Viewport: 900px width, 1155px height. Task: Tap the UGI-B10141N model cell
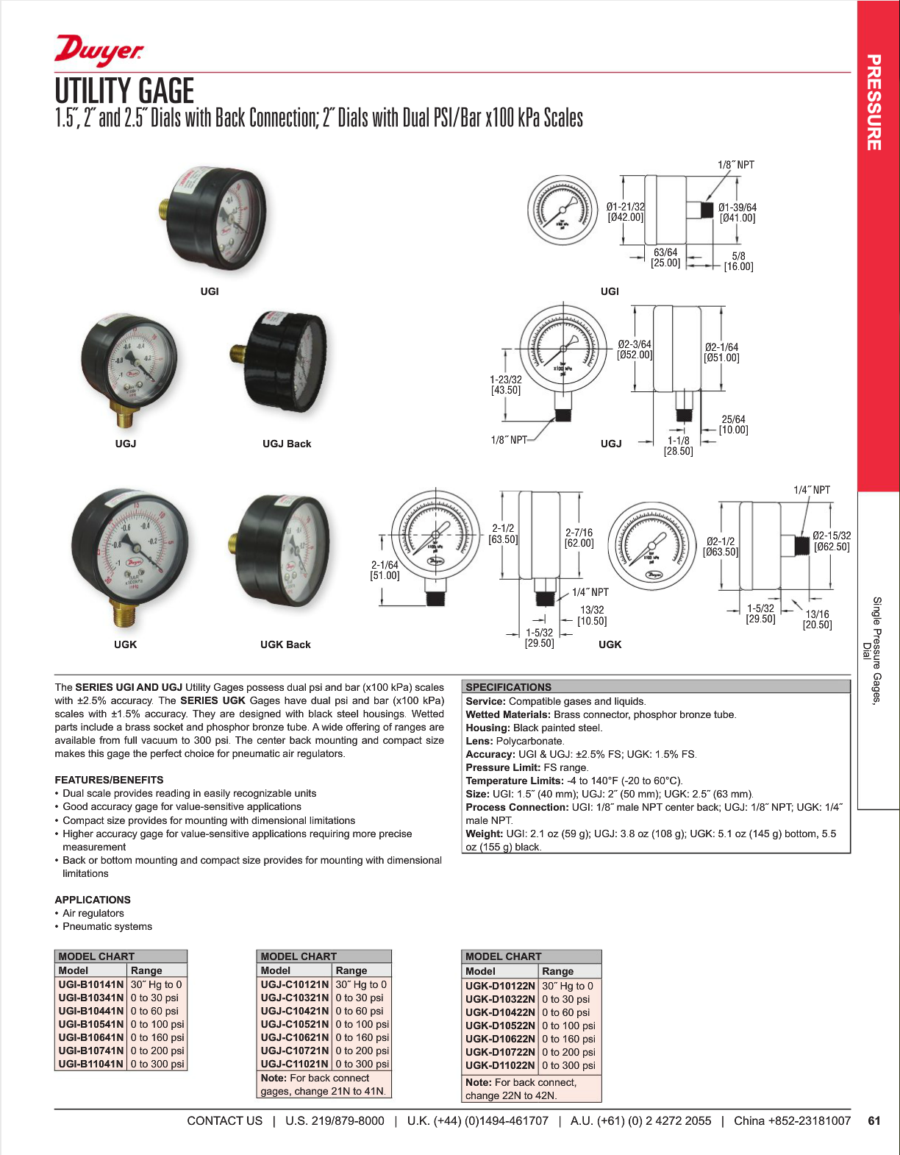coord(91,984)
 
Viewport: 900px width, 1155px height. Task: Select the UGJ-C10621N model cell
coord(294,1037)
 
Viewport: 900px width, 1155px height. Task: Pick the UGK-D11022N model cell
coord(500,1065)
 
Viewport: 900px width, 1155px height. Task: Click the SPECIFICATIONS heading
coord(508,687)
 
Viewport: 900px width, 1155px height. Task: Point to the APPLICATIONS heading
coord(93,900)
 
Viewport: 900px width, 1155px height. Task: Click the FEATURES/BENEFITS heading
coord(109,780)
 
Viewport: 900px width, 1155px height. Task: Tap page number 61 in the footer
coord(874,1121)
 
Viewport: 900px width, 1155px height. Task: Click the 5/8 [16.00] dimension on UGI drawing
coord(738,261)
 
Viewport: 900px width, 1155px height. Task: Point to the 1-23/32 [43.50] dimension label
coord(506,385)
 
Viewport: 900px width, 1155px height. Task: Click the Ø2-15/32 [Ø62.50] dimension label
coord(832,541)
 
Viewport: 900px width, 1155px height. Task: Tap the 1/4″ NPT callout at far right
coord(811,490)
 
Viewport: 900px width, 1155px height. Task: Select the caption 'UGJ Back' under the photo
coord(287,444)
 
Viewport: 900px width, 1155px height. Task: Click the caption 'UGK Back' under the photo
coord(285,644)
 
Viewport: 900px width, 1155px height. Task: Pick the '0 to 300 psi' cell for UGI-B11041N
coord(157,1064)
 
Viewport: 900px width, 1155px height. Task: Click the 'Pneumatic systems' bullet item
coord(107,926)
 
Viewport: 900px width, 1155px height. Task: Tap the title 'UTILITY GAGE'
coord(124,91)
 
